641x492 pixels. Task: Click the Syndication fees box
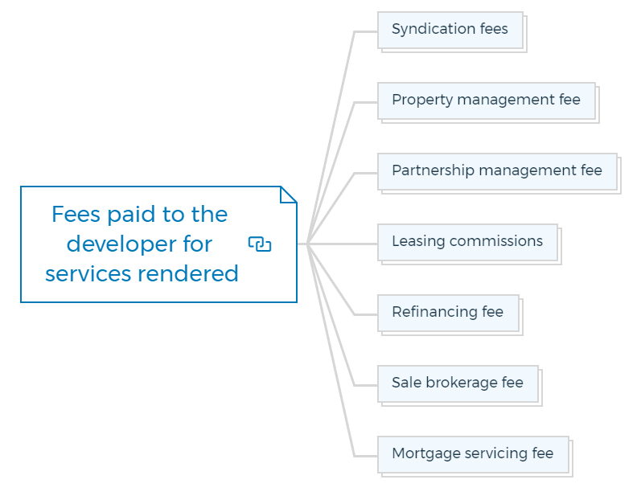[x=450, y=31]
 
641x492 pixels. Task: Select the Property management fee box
[x=487, y=101]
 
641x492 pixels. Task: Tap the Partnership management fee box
[x=498, y=171]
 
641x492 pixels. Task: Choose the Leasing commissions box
[x=467, y=242]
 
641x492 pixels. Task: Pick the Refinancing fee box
[x=449, y=313]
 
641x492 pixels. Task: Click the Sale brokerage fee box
[x=458, y=383]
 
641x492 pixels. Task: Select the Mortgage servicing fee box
[x=474, y=454]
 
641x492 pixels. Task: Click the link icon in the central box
[x=260, y=244]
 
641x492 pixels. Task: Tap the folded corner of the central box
[x=288, y=195]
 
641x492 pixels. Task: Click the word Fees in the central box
[x=76, y=214]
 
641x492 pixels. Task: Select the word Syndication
[x=433, y=30]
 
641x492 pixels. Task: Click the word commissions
[x=496, y=241]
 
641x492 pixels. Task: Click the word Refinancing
[x=434, y=312]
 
